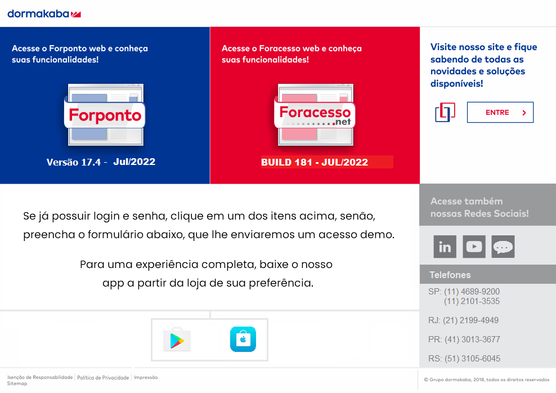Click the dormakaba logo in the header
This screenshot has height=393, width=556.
coord(44,13)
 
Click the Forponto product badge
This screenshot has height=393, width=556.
coord(105,115)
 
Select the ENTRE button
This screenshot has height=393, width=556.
coord(500,113)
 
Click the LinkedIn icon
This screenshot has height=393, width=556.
coord(445,247)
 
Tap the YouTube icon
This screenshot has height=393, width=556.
coord(474,247)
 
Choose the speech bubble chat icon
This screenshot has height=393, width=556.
coord(503,247)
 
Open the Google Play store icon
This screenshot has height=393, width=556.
coord(177,340)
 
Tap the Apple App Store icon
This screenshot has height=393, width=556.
coord(243,340)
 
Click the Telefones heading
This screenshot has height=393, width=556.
coord(450,275)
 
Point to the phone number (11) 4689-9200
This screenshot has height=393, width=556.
coord(472,292)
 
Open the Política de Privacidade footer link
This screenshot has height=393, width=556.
coord(103,377)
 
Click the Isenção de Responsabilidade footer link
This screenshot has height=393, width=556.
coord(40,377)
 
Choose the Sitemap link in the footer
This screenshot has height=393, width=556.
coord(17,383)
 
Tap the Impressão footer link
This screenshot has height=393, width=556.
coord(146,377)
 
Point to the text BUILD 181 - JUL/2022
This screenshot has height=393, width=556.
coord(315,163)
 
